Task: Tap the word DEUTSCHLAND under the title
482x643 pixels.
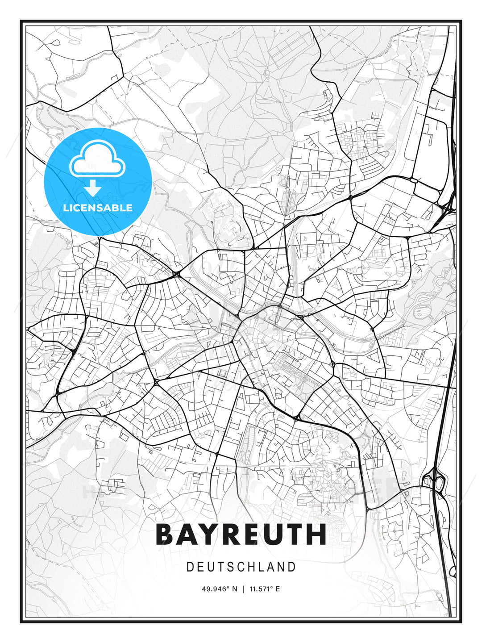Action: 241,567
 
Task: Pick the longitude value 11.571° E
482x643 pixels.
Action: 265,589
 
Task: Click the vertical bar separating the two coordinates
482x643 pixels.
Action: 243,589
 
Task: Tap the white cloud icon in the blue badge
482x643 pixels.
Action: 97,160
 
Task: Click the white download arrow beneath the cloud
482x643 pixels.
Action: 93,188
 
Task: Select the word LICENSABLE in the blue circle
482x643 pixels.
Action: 98,208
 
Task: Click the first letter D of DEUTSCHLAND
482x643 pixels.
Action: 190,567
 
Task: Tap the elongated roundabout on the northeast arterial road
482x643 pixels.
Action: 413,180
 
